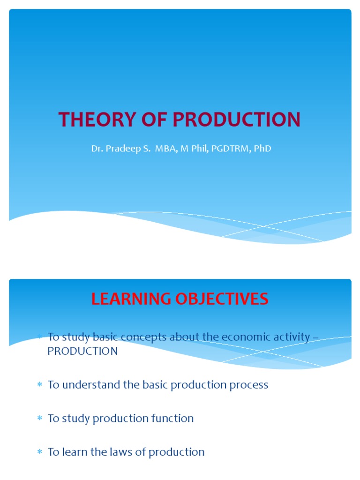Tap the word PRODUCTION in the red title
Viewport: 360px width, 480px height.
click(237, 120)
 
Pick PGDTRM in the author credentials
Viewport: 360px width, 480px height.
click(229, 149)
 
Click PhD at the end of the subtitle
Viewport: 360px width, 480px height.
click(262, 149)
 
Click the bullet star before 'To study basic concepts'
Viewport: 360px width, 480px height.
click(40, 337)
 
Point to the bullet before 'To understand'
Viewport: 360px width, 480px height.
click(40, 385)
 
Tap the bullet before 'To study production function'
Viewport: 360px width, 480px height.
click(40, 419)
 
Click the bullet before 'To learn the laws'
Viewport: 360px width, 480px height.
click(40, 452)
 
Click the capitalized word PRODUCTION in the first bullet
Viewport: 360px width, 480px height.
click(82, 351)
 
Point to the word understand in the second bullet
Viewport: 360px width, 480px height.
click(88, 385)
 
